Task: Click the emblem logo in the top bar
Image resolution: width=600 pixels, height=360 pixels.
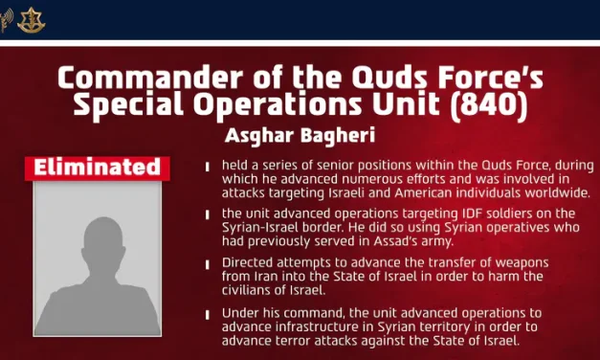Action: point(31,19)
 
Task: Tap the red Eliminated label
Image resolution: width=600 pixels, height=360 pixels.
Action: point(97,169)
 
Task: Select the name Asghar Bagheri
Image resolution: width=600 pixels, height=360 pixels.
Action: point(299,135)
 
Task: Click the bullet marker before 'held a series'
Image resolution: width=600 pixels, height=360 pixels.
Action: point(208,167)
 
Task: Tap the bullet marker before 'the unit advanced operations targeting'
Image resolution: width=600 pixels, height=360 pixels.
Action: point(208,214)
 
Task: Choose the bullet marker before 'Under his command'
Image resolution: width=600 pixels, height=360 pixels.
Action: point(208,313)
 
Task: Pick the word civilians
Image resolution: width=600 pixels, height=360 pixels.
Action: point(255,290)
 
